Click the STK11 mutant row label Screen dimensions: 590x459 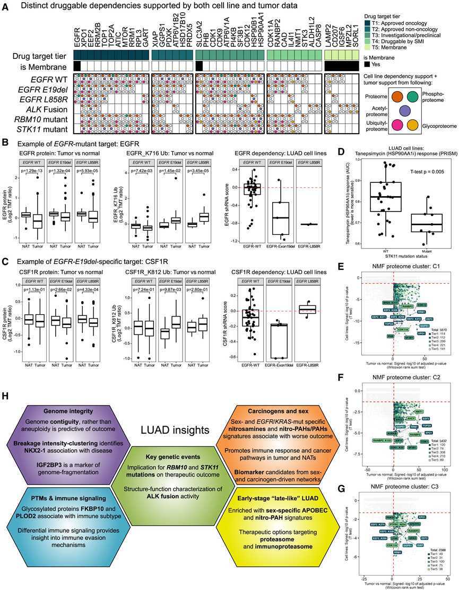(48, 128)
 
